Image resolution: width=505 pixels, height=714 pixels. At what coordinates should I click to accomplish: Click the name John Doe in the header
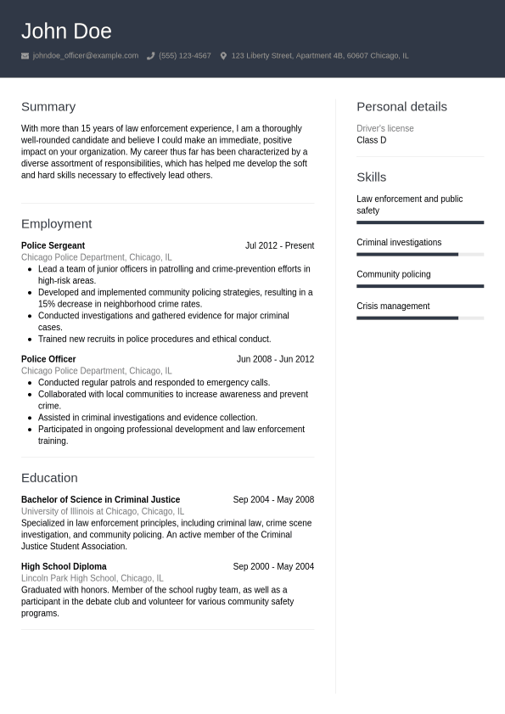click(x=66, y=31)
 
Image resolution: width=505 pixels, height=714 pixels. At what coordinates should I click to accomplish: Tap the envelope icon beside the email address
click(x=25, y=56)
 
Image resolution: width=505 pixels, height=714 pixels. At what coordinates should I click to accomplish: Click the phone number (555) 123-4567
click(x=184, y=56)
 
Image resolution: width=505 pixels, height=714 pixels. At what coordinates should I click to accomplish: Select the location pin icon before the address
click(x=223, y=56)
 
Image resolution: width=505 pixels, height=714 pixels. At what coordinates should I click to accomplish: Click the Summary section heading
click(x=48, y=107)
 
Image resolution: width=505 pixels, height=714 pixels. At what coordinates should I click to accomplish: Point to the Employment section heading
click(x=56, y=224)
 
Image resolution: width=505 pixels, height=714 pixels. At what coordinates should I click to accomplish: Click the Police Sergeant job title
click(x=53, y=246)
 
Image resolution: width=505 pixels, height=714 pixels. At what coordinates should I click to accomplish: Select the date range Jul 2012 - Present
click(x=279, y=246)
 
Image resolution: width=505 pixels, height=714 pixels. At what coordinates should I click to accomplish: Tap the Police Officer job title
click(x=48, y=359)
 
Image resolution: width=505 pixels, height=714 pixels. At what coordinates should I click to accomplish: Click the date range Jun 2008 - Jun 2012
click(x=275, y=359)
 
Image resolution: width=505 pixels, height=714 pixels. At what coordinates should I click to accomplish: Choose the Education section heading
click(x=49, y=478)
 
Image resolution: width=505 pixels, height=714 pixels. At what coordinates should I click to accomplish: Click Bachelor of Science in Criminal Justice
click(x=100, y=500)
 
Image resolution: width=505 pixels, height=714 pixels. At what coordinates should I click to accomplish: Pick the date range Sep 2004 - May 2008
click(x=273, y=500)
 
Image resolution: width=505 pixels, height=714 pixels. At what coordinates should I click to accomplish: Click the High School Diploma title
click(x=64, y=567)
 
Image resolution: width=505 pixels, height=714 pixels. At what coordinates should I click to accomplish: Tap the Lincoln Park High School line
click(x=92, y=578)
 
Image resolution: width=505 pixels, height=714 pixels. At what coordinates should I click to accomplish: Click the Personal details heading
click(x=401, y=107)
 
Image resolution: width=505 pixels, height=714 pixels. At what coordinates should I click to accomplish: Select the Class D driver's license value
click(x=371, y=140)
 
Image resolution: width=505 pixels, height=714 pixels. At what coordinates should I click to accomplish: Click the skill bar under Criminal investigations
click(x=419, y=254)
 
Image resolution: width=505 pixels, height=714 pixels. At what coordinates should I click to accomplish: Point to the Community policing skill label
click(x=393, y=275)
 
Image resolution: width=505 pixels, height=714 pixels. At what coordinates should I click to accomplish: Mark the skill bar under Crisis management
click(x=419, y=318)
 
